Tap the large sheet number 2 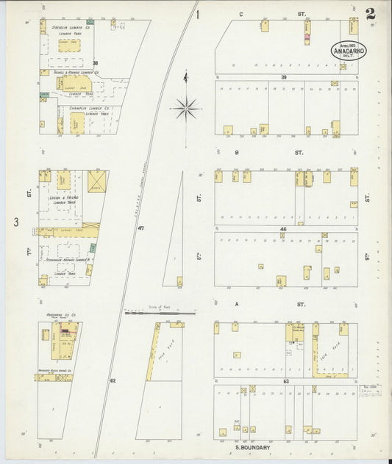369,14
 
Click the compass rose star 188,108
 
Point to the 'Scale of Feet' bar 155,313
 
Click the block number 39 283,77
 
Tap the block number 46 282,229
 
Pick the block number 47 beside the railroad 140,229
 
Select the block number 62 113,380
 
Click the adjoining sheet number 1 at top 198,14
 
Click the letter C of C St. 240,14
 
